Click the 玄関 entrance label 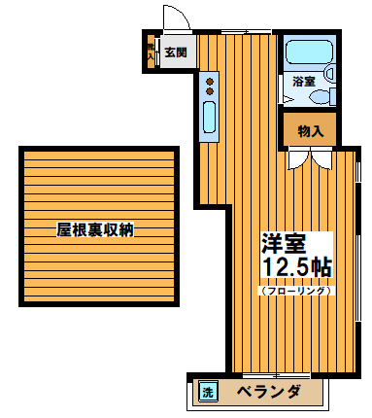(x=175, y=52)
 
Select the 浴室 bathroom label (x=304, y=82)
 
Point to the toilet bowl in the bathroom (x=328, y=72)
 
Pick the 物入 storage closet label (x=310, y=129)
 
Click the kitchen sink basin (x=209, y=117)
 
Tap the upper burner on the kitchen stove (x=209, y=80)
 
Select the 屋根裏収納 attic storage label (x=94, y=230)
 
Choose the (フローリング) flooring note (x=296, y=290)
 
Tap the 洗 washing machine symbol (x=207, y=393)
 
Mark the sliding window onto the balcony (x=276, y=373)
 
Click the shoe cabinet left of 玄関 (x=150, y=52)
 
